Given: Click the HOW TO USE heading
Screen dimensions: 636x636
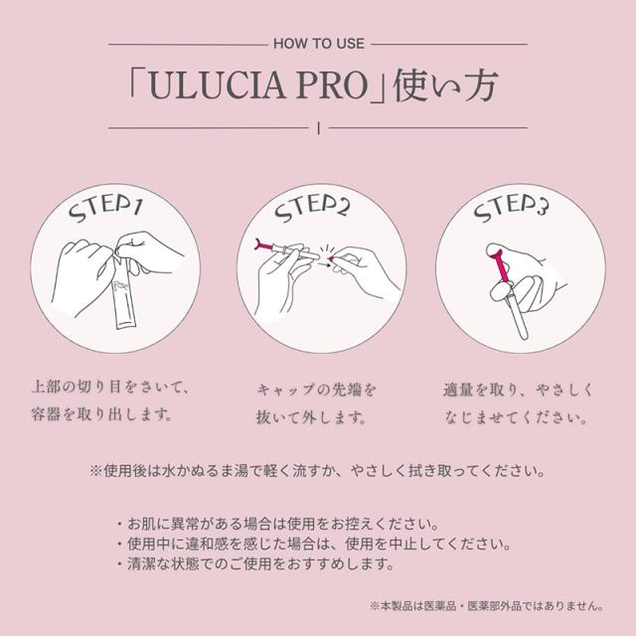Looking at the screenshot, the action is click(x=319, y=44).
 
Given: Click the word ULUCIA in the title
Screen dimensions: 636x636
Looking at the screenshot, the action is click(x=218, y=86).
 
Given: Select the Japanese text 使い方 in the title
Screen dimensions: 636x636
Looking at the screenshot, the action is click(x=445, y=85).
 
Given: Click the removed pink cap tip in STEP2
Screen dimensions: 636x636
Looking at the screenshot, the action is click(x=332, y=258).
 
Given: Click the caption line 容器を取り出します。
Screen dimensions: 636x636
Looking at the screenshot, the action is click(x=101, y=414).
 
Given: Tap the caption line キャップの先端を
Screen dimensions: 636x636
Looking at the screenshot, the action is click(x=317, y=390).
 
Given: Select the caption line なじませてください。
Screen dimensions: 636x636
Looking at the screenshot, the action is click(x=516, y=417).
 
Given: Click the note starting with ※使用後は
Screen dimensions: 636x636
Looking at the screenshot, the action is click(x=318, y=471).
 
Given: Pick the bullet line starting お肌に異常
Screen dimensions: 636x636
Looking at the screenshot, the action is click(x=277, y=524).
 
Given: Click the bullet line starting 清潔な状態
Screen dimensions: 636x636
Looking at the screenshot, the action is click(x=255, y=563).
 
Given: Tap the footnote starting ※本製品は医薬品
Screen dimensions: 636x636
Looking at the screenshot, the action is click(x=486, y=606).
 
